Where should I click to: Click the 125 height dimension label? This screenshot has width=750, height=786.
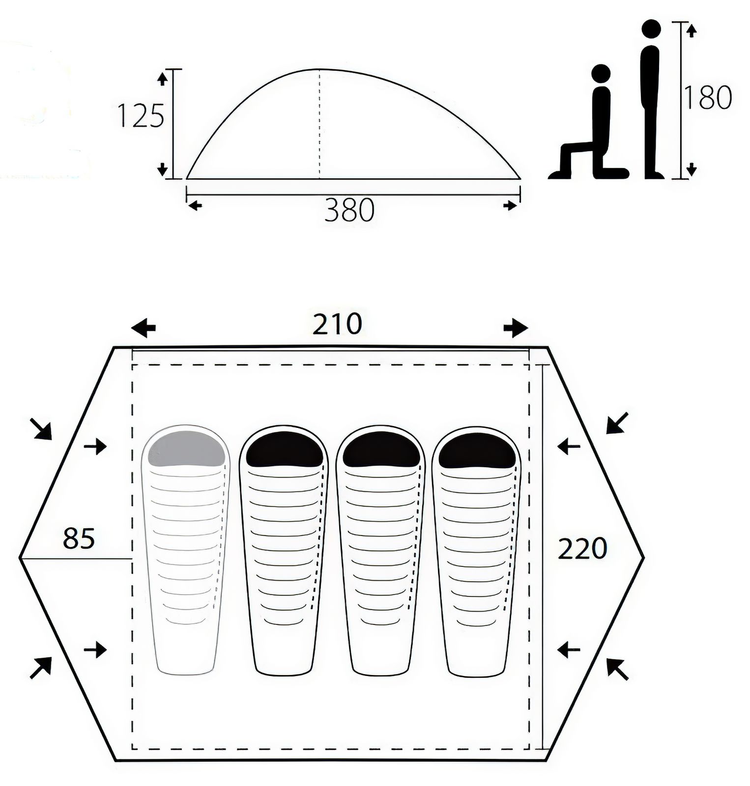[x=141, y=116]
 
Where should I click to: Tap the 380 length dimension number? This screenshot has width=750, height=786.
[x=349, y=210]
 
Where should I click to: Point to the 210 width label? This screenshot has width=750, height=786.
[x=337, y=324]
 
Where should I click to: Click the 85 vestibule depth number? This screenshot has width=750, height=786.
[x=79, y=538]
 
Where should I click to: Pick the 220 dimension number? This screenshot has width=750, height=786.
[x=582, y=549]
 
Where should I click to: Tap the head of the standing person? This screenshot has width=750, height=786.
[x=652, y=29]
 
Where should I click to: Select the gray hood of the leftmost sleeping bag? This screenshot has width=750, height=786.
[x=187, y=448]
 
